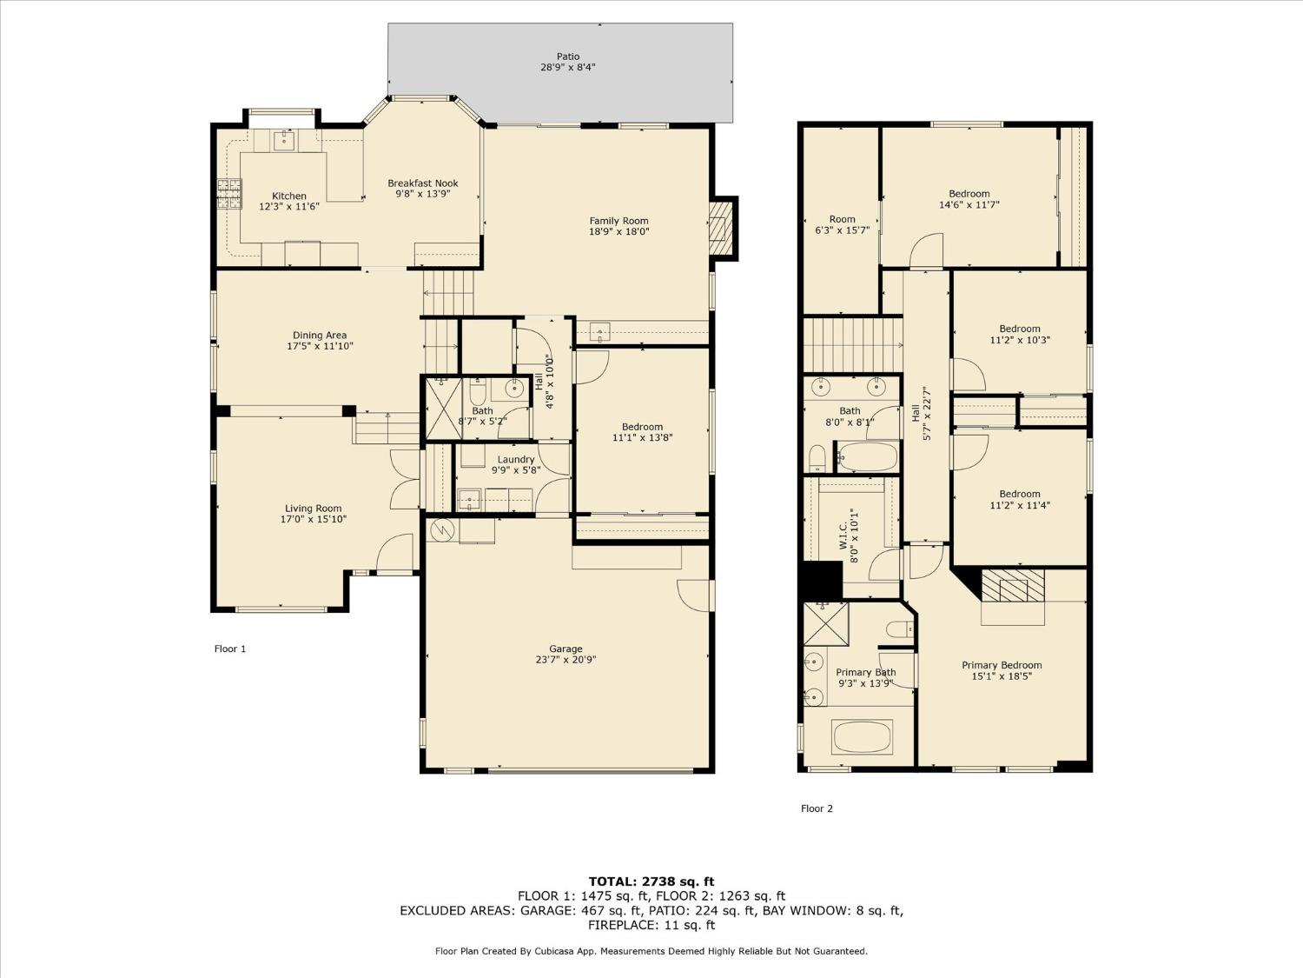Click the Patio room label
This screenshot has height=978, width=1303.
coord(568,57)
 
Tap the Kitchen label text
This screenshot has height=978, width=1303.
coord(289,196)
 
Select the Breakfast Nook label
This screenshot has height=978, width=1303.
coord(422,183)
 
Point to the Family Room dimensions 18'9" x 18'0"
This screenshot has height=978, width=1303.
coord(618,232)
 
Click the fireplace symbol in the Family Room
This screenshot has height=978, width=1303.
coord(720,228)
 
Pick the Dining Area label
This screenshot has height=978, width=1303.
coord(320,336)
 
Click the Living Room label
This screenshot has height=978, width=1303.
coord(313,509)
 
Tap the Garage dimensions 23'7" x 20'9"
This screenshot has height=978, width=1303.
coord(566,660)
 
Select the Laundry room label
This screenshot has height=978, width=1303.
coord(516,460)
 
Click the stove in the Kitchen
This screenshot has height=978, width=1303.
coord(229,194)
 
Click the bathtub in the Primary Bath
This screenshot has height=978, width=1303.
coord(862,737)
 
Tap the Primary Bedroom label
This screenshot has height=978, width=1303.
coord(1002,665)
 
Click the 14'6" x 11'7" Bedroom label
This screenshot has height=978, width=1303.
coord(969,194)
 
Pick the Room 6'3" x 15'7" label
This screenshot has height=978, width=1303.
coord(842,219)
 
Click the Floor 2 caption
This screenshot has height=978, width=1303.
coord(817,808)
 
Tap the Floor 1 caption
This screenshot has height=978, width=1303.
coord(230,649)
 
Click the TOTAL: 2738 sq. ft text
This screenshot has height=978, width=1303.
coord(651,882)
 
